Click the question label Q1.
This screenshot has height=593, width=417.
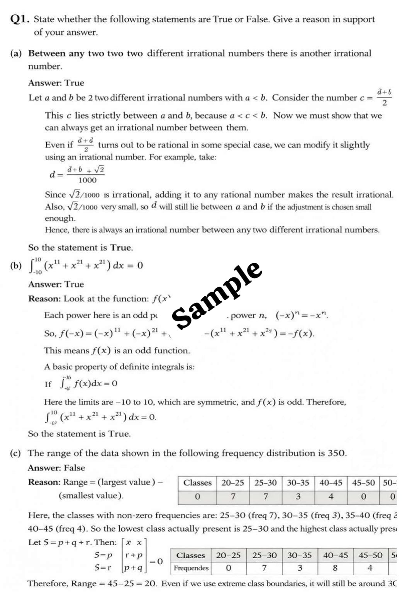[19, 19]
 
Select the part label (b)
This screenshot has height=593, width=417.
[16, 265]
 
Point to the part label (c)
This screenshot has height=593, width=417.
[15, 453]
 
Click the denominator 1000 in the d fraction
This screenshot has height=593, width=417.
[87, 180]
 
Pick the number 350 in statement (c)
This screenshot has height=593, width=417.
[336, 453]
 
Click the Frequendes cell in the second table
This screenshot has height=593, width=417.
[191, 568]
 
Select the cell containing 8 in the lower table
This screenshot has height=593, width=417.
[335, 568]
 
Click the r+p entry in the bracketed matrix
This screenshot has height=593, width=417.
[134, 555]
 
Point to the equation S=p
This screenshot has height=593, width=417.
[103, 555]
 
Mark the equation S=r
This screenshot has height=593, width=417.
[103, 568]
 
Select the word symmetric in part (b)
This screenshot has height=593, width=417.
[217, 402]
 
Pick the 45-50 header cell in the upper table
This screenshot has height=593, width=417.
[363, 483]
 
